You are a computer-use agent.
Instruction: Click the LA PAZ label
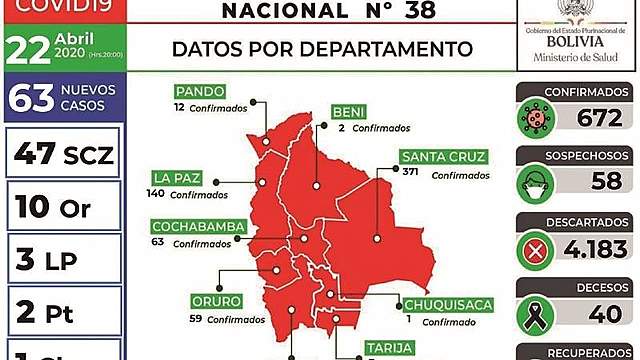[x=176, y=178]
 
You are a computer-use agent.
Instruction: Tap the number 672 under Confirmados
[x=599, y=118]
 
